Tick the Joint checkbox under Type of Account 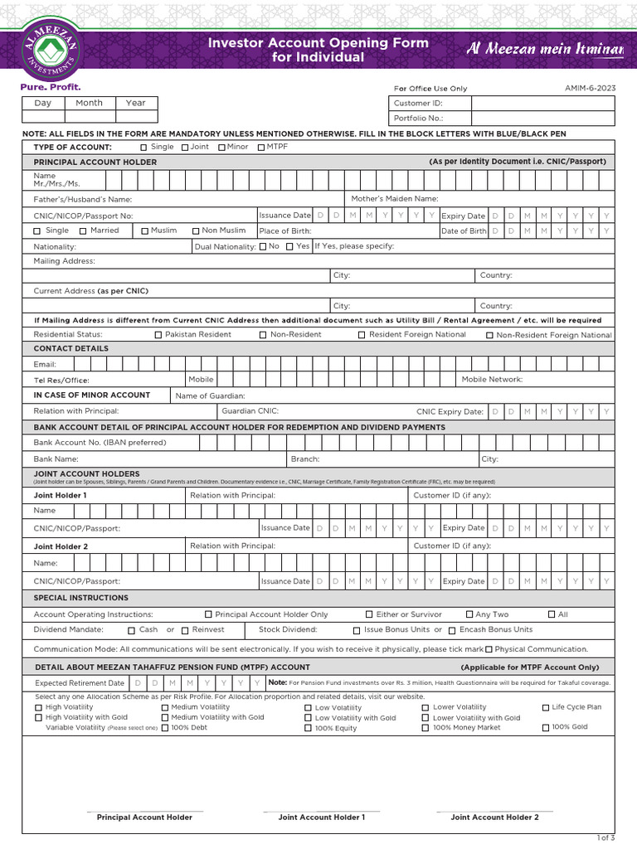[x=184, y=148]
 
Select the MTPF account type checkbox [x=260, y=148]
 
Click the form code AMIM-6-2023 [x=590, y=88]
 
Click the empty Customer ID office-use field [x=542, y=104]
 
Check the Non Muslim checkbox [x=196, y=231]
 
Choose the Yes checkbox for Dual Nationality [x=289, y=247]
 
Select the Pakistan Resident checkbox [x=158, y=335]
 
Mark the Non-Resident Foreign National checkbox [x=489, y=336]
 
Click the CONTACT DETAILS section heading [x=71, y=349]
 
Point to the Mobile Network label [x=492, y=379]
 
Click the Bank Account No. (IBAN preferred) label [x=100, y=443]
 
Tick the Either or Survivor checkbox [x=369, y=615]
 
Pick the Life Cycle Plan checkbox [x=546, y=708]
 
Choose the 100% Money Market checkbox [x=425, y=728]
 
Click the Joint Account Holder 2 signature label [x=494, y=817]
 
